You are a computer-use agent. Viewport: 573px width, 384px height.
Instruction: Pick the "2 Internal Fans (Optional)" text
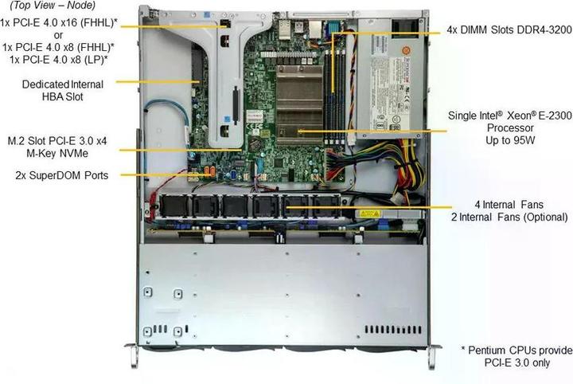509,217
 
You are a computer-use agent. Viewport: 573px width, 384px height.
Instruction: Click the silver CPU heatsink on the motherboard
298,96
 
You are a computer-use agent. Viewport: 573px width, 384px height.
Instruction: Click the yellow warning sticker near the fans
367,214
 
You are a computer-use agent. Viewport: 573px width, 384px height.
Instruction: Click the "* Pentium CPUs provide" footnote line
516,350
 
